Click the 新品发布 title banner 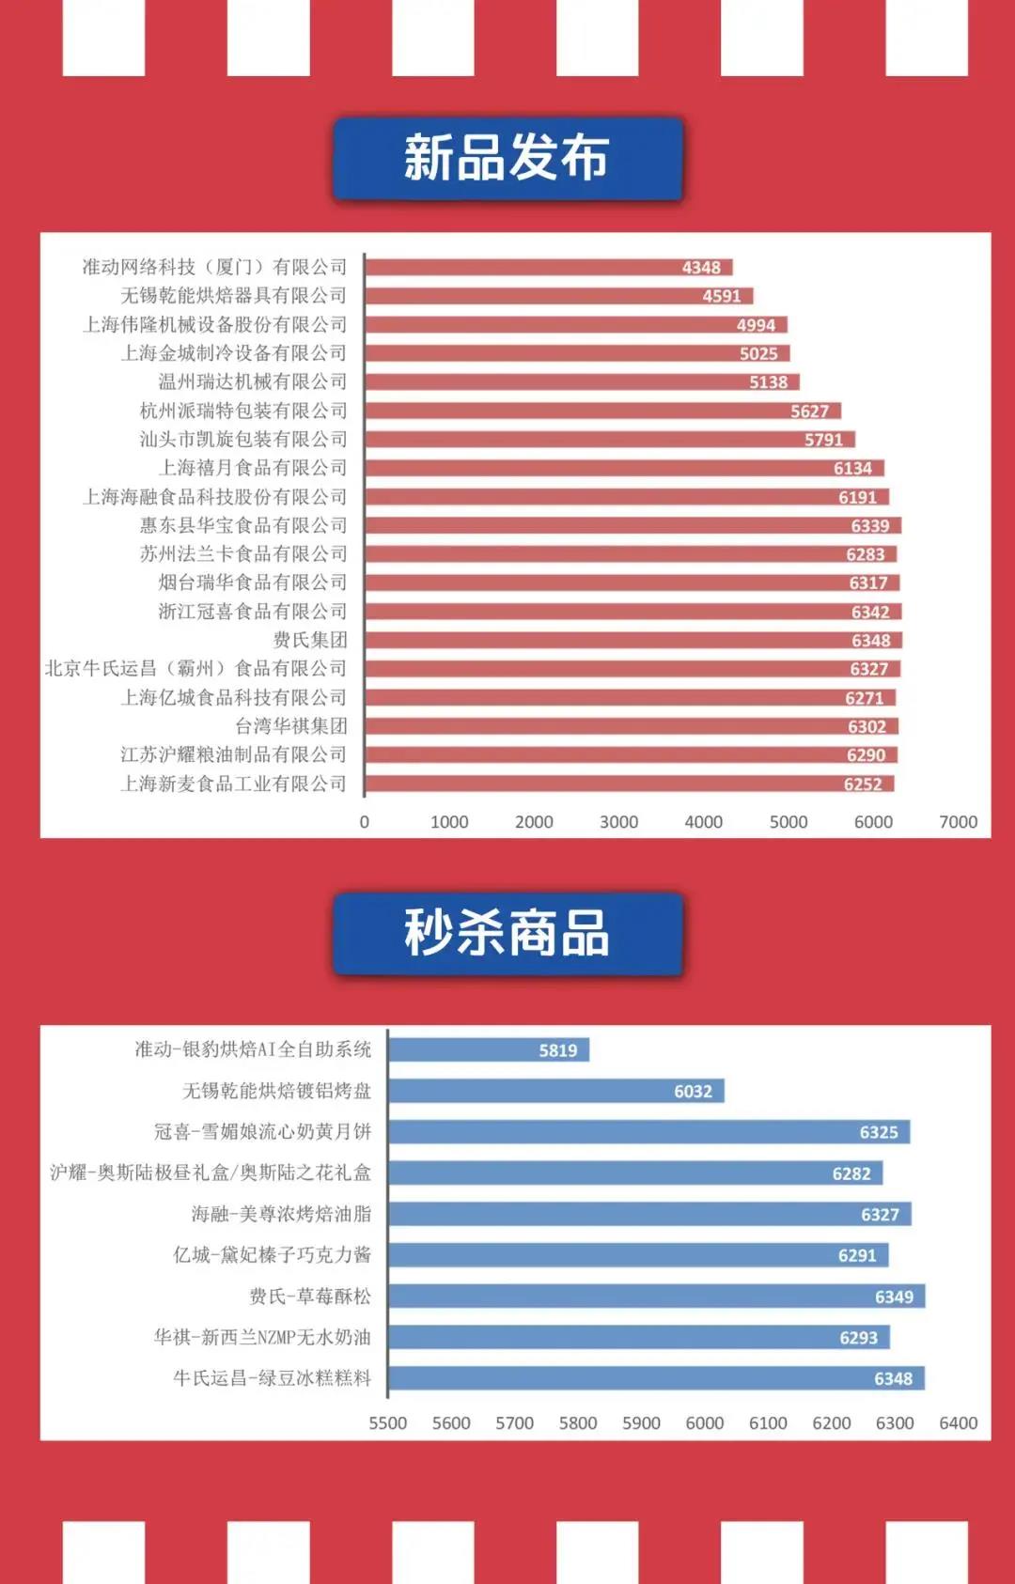507,158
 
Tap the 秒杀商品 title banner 507,933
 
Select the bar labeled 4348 548,268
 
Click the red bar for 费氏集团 633,641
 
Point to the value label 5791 823,440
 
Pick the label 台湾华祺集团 291,726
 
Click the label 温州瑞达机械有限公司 253,381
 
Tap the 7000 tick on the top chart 958,822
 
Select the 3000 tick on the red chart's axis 618,822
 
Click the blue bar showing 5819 489,1049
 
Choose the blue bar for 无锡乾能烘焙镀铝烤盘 556,1091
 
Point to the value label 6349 894,1297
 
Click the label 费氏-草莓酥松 310,1297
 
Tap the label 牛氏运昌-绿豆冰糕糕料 273,1378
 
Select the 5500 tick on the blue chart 388,1423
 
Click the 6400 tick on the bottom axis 958,1423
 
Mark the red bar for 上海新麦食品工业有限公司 629,784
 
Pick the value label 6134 852,468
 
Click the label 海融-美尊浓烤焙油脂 281,1214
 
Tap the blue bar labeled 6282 635,1173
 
